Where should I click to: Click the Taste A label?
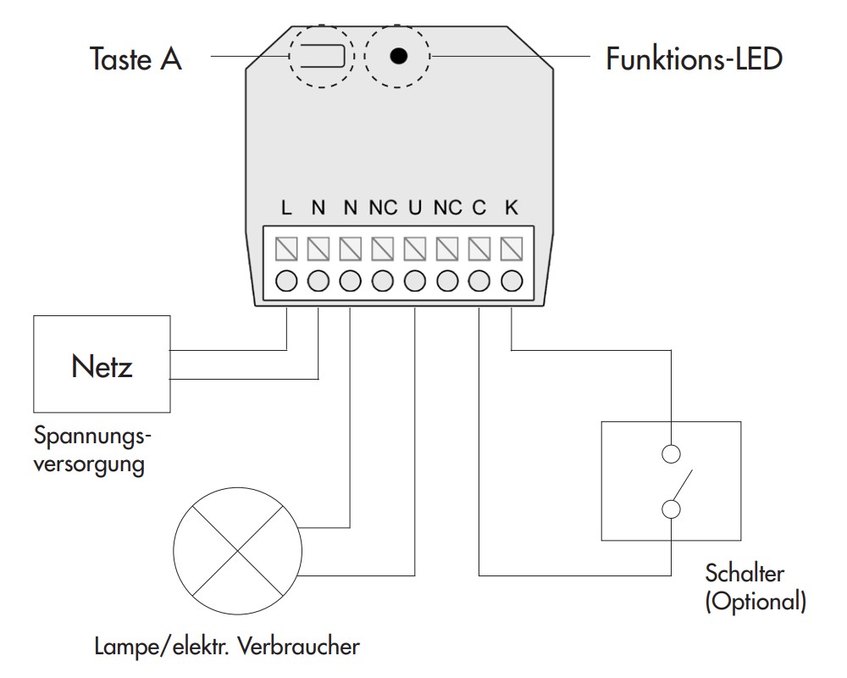click(x=136, y=58)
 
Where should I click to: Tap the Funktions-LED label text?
click(x=695, y=59)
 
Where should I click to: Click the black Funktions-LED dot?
click(x=399, y=56)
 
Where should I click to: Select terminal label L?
click(x=286, y=208)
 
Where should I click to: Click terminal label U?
click(x=415, y=208)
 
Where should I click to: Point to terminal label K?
click(x=512, y=208)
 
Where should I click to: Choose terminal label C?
click(x=479, y=208)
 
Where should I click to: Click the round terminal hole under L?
click(x=286, y=281)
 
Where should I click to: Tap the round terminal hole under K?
click(x=512, y=281)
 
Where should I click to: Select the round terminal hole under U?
click(x=415, y=281)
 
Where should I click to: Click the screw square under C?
click(x=479, y=249)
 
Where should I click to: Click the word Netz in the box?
click(x=102, y=367)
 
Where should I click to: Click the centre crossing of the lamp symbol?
click(x=238, y=551)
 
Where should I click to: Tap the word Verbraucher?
click(x=299, y=646)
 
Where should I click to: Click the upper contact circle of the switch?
click(x=671, y=454)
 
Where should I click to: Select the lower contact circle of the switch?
click(x=671, y=509)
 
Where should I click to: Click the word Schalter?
click(x=745, y=573)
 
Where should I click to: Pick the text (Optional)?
click(x=756, y=601)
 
